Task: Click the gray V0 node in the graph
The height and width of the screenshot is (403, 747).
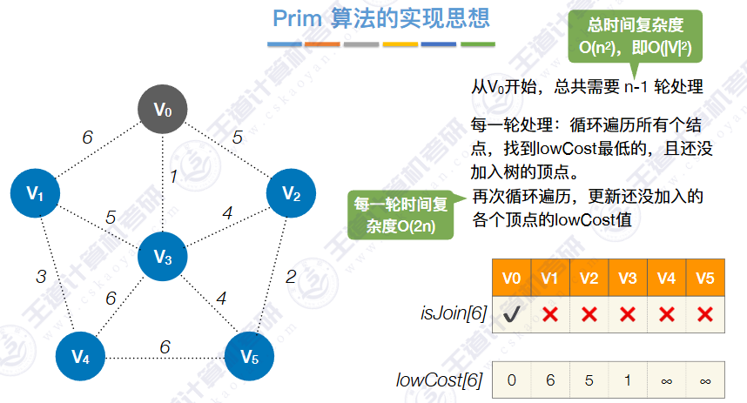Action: [164, 110]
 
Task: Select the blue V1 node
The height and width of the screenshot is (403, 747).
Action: [35, 193]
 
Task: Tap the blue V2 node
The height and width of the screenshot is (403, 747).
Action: [292, 193]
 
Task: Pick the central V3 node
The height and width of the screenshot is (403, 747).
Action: [163, 256]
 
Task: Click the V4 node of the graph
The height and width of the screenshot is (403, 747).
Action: [80, 356]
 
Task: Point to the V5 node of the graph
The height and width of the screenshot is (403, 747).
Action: [249, 356]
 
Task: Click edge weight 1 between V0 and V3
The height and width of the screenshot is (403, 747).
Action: [173, 177]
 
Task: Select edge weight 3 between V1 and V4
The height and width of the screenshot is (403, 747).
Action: [41, 277]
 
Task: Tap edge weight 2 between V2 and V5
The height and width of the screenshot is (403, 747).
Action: [291, 278]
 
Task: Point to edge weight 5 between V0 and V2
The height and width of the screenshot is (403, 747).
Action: [238, 136]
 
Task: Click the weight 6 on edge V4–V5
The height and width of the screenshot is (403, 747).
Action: [165, 346]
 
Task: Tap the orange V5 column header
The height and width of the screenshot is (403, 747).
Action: [705, 279]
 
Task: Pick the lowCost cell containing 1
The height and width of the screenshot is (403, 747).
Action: [628, 380]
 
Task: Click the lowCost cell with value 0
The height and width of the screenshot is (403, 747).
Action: [512, 380]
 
